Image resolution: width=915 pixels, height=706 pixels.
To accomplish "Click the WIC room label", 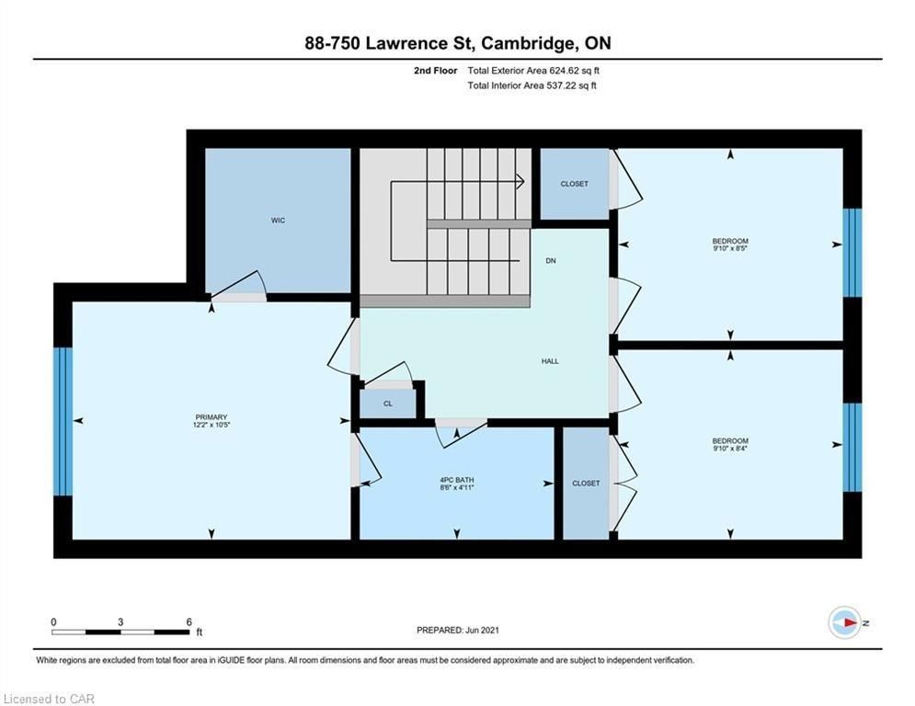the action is click(x=278, y=220).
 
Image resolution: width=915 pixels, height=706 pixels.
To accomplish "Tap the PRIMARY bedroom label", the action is click(x=212, y=417).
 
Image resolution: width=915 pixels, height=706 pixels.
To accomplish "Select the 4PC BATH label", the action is click(x=457, y=480).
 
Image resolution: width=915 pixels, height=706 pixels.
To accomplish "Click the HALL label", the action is click(x=550, y=361).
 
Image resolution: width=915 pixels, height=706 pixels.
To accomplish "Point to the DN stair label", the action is click(x=551, y=261).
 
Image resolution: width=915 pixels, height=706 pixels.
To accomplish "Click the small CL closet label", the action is click(x=388, y=404).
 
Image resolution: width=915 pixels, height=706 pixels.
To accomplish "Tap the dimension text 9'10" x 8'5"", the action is click(x=730, y=248).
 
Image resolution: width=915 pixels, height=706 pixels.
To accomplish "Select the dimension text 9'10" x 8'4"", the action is click(x=730, y=449).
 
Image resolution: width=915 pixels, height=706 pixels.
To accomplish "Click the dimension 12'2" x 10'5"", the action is click(x=212, y=425).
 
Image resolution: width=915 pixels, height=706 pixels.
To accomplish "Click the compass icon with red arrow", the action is click(x=844, y=623).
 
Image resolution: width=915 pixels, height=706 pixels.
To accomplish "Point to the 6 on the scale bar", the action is click(x=189, y=622).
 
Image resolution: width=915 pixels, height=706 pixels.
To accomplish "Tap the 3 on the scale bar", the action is click(x=120, y=622).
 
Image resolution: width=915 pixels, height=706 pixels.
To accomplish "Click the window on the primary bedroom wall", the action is click(x=63, y=421).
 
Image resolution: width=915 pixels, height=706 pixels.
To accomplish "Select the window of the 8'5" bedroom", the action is click(x=852, y=253).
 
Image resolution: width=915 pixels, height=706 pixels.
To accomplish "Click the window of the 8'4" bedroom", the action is click(x=852, y=447).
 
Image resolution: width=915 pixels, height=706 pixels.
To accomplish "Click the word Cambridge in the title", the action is click(x=526, y=44).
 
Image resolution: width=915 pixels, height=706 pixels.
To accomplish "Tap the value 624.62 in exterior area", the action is click(x=563, y=71).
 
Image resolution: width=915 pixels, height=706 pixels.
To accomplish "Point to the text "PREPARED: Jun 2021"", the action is click(x=458, y=630).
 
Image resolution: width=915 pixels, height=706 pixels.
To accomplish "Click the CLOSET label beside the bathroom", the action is click(x=586, y=484).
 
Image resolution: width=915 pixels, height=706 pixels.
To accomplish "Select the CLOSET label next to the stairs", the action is click(x=574, y=184).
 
